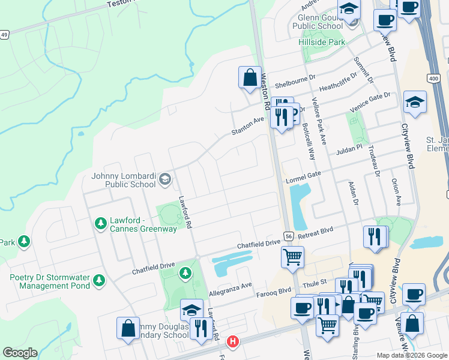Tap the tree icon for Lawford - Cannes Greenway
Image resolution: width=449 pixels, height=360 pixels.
(x=100, y=224)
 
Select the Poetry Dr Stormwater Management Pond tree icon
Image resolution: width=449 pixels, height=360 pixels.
(x=99, y=280)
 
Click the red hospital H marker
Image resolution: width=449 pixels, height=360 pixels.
(x=233, y=342)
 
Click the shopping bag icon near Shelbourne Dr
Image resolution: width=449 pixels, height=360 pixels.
(x=249, y=77)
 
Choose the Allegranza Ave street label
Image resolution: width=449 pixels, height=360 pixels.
(x=231, y=289)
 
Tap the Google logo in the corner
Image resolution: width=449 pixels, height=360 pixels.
(x=20, y=353)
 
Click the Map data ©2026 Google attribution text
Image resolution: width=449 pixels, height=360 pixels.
(x=412, y=355)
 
